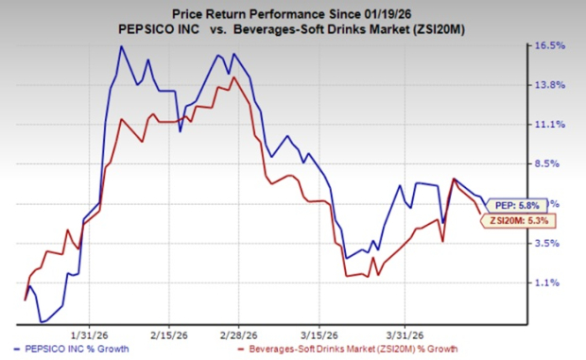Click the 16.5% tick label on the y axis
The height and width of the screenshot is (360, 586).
pyautogui.click(x=552, y=45)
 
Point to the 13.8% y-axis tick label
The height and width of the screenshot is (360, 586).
pyautogui.click(x=552, y=85)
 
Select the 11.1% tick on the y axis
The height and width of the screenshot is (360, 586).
pyautogui.click(x=552, y=125)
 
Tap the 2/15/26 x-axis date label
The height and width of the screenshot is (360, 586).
pyautogui.click(x=166, y=332)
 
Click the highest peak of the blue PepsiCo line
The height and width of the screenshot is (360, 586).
pyautogui.click(x=120, y=46)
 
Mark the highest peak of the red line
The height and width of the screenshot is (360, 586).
pyautogui.click(x=233, y=77)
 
